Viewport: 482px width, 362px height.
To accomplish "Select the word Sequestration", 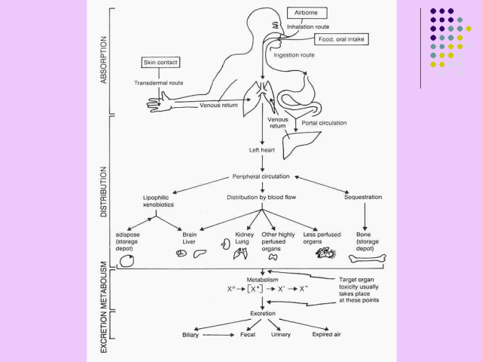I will tap(364, 197).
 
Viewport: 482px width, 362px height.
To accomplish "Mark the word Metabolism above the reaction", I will tap(263, 279).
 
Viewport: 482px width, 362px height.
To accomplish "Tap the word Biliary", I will tap(191, 333).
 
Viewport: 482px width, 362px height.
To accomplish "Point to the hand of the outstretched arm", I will tap(157, 99).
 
